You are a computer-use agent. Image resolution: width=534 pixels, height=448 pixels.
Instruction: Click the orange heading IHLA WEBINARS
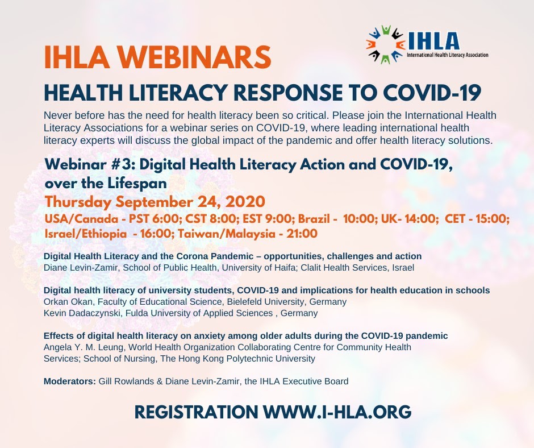[x=158, y=57]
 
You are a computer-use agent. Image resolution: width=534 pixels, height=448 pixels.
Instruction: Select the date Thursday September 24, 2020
[x=155, y=201]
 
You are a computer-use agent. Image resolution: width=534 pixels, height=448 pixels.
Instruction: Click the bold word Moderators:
[x=70, y=381]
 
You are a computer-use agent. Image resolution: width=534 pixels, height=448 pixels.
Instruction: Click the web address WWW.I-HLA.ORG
[x=337, y=412]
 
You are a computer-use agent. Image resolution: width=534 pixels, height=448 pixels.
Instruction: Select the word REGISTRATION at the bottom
[x=197, y=412]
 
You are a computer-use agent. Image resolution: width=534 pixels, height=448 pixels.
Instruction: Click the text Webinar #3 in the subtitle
[x=90, y=165]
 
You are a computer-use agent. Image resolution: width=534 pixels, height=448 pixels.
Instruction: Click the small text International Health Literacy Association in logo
[x=448, y=55]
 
